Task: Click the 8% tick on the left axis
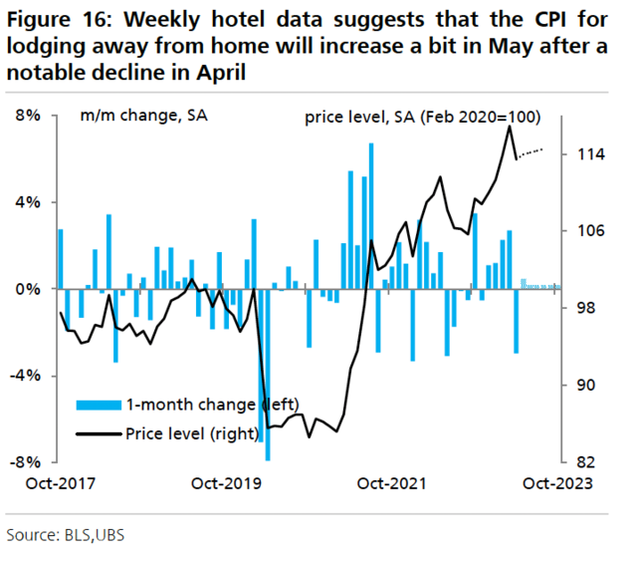click(28, 116)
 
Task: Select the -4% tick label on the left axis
click(26, 377)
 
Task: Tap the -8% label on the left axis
click(26, 463)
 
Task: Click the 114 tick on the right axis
click(580, 154)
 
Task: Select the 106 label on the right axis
click(580, 231)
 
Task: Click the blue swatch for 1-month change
click(98, 405)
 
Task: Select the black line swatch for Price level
click(98, 433)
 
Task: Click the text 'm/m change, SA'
click(130, 117)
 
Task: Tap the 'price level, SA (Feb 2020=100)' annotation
click(422, 117)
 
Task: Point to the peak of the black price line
click(511, 127)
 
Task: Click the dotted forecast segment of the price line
click(531, 151)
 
